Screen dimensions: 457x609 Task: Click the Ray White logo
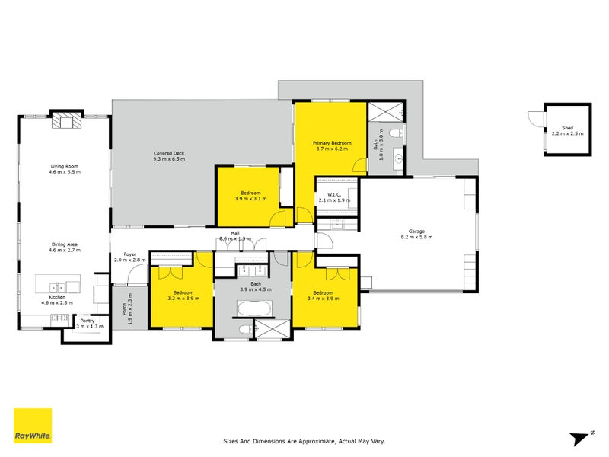[x=33, y=427]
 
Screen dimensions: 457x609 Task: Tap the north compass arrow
[x=579, y=437]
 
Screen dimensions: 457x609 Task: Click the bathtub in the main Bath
[x=252, y=309]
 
